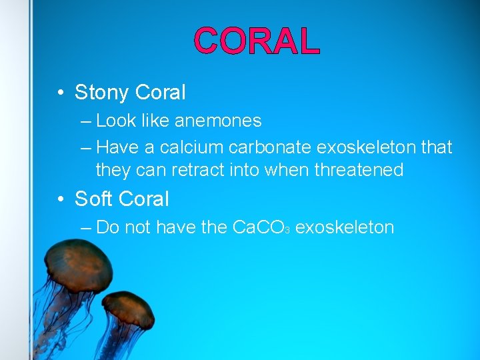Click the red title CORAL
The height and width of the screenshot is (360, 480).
pyautogui.click(x=257, y=41)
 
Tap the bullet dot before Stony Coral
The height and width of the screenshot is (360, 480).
pyautogui.click(x=61, y=93)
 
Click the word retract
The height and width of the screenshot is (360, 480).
pyautogui.click(x=199, y=170)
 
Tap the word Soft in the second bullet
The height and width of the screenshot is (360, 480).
pyautogui.click(x=95, y=199)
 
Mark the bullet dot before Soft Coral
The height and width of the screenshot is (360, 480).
pyautogui.click(x=61, y=199)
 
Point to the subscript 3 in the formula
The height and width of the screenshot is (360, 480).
pyautogui.click(x=286, y=230)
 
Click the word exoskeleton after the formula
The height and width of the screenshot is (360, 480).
pyautogui.click(x=344, y=227)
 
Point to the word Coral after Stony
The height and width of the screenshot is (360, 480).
pyautogui.click(x=160, y=93)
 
